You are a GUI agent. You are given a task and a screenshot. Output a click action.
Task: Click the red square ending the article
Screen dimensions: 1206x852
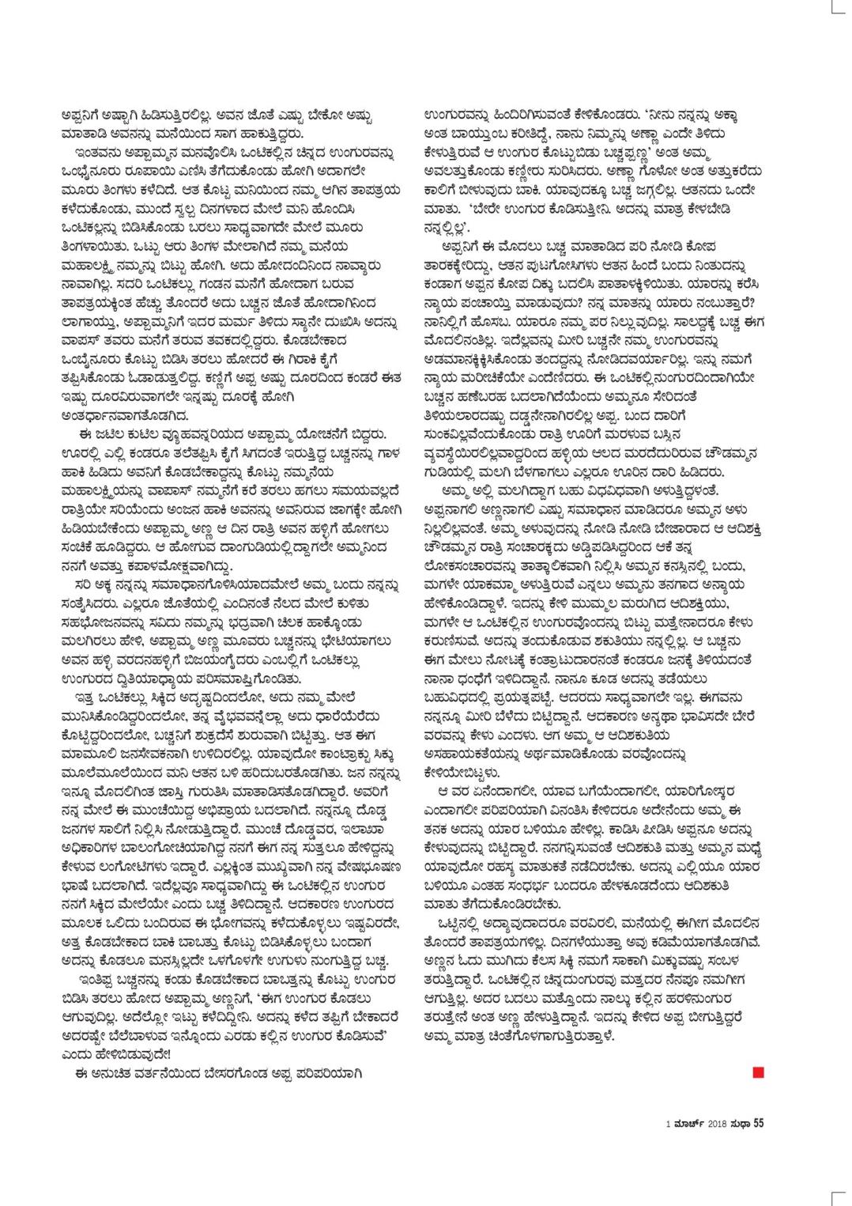pos(760,1073)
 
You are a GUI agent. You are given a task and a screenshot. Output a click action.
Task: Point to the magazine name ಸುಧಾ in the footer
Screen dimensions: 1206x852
pos(741,1121)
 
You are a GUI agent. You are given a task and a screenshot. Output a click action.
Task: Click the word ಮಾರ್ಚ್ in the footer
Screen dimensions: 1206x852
pos(686,1121)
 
